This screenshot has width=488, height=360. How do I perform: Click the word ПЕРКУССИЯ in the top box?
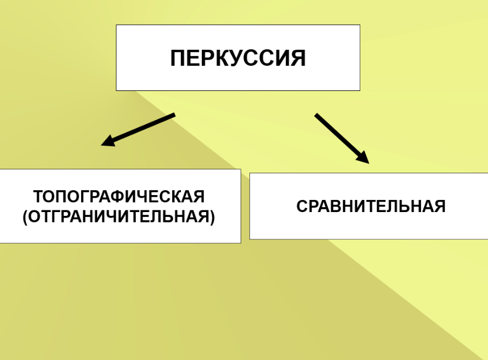(x=237, y=58)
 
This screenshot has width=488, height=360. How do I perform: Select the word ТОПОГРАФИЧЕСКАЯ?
(x=118, y=197)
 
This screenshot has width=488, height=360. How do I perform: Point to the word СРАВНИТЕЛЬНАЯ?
(x=371, y=207)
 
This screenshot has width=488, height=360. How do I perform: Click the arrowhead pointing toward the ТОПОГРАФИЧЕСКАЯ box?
(x=108, y=142)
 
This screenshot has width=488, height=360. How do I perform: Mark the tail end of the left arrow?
(x=174, y=115)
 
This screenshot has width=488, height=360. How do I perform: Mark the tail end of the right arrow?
(x=316, y=115)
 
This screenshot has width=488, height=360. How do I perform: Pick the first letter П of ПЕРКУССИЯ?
(x=178, y=58)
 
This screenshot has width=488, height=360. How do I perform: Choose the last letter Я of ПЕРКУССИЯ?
(x=298, y=58)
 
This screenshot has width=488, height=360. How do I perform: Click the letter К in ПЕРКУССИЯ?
(x=222, y=58)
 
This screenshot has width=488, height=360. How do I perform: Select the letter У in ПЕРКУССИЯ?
(x=236, y=58)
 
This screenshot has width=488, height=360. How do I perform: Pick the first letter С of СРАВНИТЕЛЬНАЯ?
(x=302, y=207)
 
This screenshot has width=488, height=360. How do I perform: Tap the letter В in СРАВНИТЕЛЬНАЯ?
(x=337, y=207)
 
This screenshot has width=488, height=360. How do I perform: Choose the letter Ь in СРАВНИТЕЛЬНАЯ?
(x=406, y=207)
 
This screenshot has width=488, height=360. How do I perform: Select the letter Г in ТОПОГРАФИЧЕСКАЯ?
(x=83, y=197)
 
